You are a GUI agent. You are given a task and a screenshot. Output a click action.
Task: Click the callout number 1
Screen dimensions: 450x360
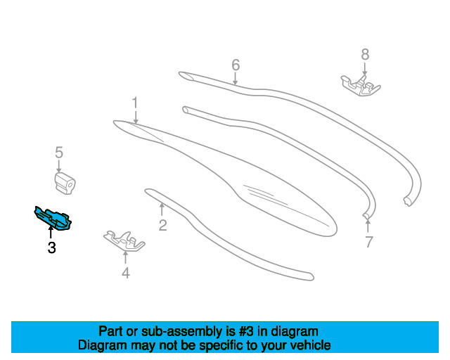(x=135, y=103)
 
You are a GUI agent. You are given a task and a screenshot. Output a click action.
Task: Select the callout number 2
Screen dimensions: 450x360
(x=162, y=226)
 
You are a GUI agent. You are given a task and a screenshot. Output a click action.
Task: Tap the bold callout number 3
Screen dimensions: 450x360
(x=51, y=247)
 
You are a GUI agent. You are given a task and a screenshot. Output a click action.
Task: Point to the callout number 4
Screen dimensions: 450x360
(x=125, y=273)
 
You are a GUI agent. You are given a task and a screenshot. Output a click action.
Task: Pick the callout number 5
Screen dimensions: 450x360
(x=59, y=152)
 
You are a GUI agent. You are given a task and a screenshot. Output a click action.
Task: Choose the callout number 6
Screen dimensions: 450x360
(x=236, y=65)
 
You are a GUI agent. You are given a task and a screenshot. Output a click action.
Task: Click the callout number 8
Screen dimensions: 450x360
(x=364, y=53)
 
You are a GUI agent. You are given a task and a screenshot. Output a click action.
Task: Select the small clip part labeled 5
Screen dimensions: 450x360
(x=65, y=185)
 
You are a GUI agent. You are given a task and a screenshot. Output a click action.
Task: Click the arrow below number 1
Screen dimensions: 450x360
(x=136, y=117)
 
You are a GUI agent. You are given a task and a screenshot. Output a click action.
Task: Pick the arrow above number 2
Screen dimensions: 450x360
(x=162, y=209)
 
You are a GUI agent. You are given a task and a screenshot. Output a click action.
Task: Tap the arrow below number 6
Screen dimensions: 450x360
(x=236, y=79)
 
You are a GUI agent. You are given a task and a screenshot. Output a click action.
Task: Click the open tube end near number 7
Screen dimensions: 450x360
(x=366, y=212)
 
